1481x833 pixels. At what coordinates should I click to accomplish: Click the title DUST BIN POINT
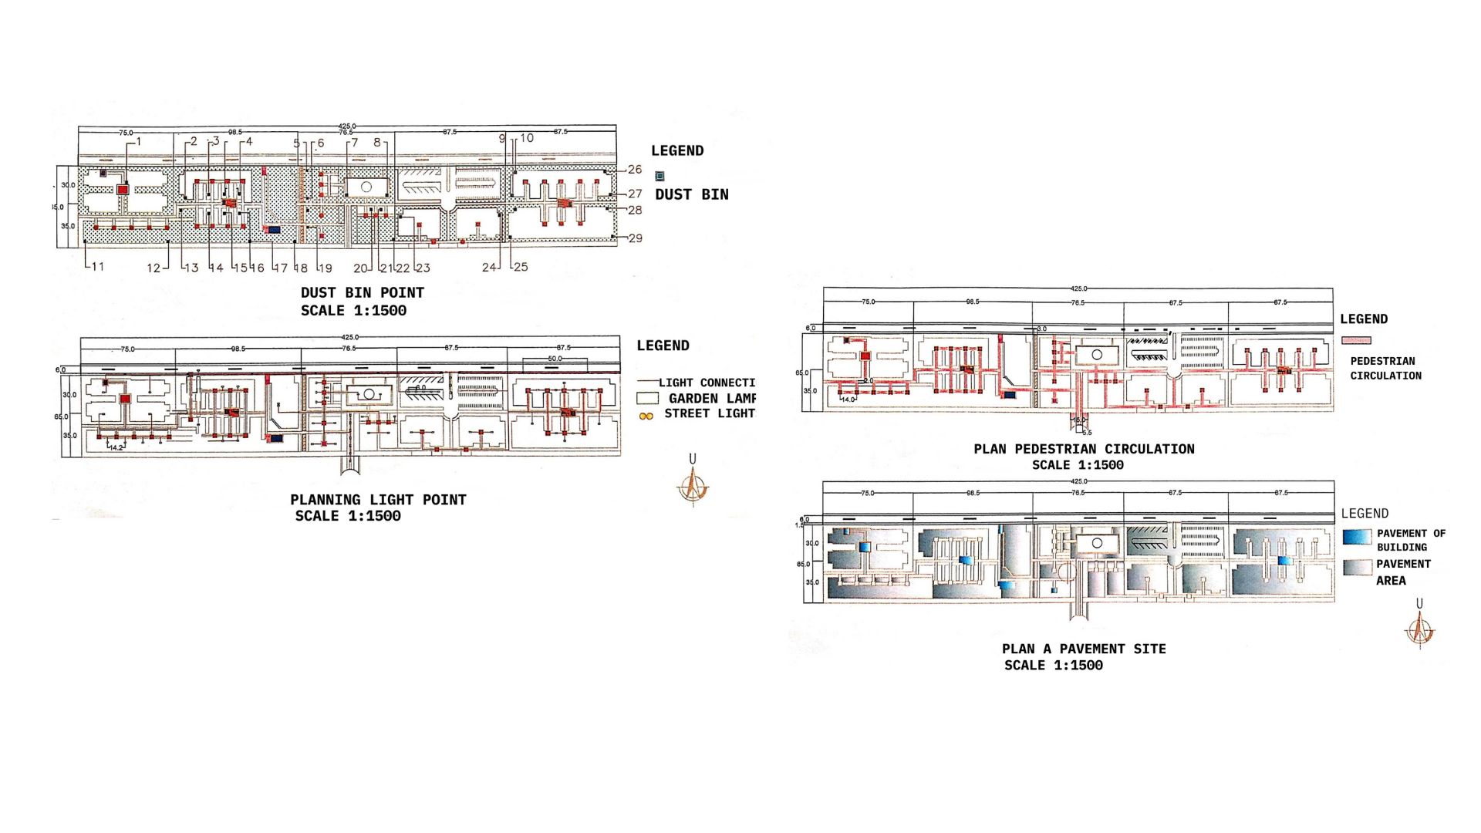point(362,293)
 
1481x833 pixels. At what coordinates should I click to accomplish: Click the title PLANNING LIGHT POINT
point(378,500)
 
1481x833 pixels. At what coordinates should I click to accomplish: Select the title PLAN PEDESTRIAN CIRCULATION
point(1084,449)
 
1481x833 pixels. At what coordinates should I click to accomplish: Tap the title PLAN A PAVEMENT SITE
point(1084,649)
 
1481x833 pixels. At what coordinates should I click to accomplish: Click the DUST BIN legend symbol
point(660,176)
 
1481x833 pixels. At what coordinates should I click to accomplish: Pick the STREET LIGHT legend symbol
point(646,416)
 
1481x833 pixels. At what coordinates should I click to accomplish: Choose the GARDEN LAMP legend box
point(647,399)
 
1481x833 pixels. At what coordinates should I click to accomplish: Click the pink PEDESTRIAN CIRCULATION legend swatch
point(1356,340)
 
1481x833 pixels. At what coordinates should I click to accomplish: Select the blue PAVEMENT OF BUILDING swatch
point(1357,537)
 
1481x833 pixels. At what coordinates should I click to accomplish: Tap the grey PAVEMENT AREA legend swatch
point(1357,568)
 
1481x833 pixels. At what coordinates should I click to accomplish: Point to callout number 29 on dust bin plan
point(635,238)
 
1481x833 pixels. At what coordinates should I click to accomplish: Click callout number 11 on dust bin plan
point(97,267)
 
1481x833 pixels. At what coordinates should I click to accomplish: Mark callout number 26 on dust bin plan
point(634,170)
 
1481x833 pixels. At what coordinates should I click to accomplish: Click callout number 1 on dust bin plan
point(138,142)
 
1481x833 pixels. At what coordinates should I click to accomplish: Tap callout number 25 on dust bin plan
point(521,267)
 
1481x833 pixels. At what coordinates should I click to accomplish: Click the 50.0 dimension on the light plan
point(555,359)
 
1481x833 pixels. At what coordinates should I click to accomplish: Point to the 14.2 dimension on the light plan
point(116,447)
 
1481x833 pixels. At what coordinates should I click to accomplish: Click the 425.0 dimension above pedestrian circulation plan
point(1078,288)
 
